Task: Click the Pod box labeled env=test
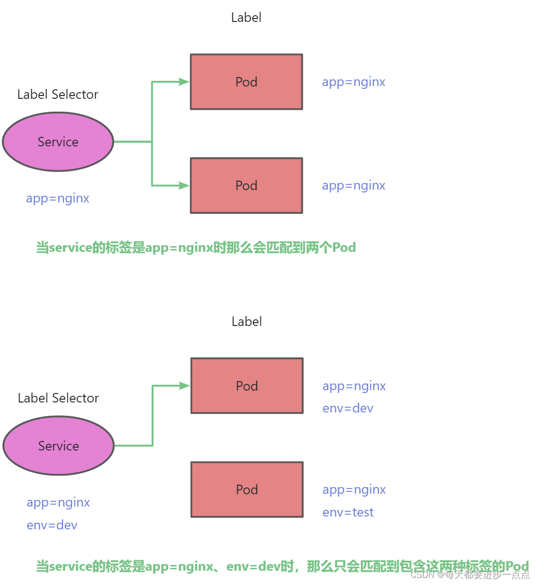247,489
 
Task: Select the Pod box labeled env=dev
247,386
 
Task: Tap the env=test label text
348,512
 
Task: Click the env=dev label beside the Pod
348,408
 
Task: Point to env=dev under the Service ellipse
52,525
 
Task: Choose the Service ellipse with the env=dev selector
58,446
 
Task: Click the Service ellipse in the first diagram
58,142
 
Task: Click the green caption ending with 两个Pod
196,248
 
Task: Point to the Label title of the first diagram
246,18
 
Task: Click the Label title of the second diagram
247,322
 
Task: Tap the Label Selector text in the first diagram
58,95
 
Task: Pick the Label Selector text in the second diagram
58,398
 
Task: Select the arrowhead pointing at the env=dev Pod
184,386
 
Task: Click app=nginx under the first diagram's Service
58,198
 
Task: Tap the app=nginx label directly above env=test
354,489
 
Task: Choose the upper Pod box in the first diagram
246,82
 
